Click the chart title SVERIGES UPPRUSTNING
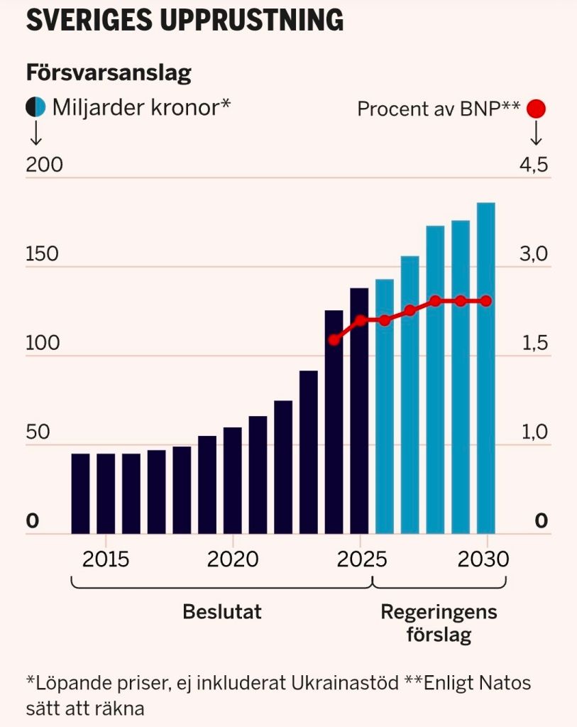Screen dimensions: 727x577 pos(185,20)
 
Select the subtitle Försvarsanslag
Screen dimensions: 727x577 pos(109,72)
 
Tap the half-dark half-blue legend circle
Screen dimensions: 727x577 pos(36,107)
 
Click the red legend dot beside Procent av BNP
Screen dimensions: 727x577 pos(537,109)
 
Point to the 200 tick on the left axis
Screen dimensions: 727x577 pos(44,165)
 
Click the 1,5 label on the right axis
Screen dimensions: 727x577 pos(534,344)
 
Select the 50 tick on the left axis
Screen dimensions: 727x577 pos(38,433)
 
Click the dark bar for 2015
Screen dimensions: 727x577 pos(106,493)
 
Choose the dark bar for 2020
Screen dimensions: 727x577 pos(233,480)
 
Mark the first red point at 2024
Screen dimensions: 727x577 pos(334,340)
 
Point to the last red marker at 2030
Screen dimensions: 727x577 pos(485,301)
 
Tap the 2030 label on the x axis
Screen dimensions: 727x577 pos(483,559)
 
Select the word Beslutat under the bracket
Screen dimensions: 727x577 pos(221,612)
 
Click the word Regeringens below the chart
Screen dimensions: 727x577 pos(439,612)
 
